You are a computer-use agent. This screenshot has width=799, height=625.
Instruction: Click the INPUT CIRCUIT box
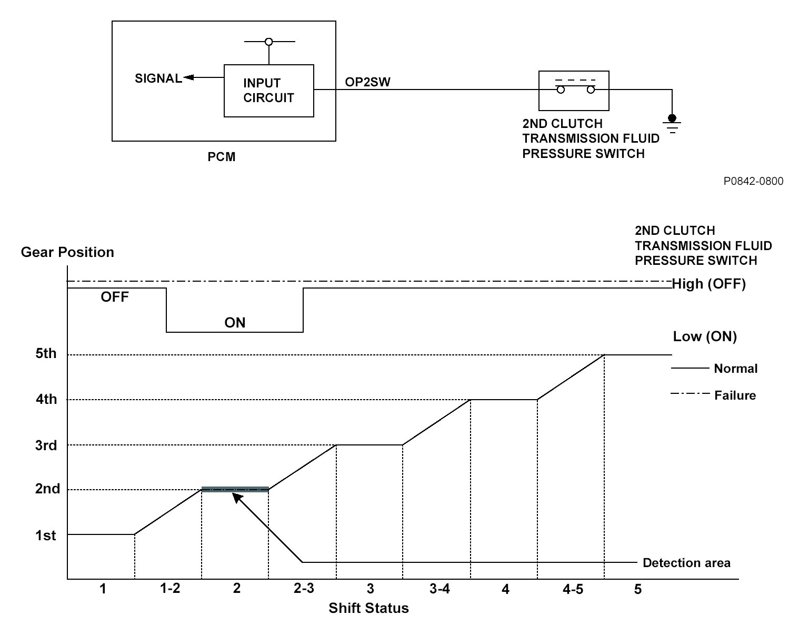click(268, 91)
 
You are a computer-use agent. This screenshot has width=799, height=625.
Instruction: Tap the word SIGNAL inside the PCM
click(158, 78)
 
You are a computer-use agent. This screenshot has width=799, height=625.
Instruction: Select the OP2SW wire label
click(367, 82)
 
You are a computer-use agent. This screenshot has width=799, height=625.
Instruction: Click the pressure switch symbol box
click(574, 91)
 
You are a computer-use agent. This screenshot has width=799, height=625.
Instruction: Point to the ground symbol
click(672, 123)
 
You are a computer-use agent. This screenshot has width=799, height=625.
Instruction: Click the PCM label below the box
click(221, 156)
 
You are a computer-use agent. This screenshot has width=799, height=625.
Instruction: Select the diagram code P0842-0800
click(753, 181)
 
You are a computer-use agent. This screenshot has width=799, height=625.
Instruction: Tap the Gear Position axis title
click(67, 252)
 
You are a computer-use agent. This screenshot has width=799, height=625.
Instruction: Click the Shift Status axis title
click(368, 608)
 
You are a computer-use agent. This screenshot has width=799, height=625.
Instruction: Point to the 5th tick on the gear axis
click(46, 353)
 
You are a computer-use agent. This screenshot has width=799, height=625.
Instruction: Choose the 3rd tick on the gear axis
click(46, 445)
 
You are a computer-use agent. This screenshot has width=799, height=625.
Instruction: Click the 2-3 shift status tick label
click(304, 589)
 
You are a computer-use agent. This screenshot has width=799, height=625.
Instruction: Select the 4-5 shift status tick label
click(572, 589)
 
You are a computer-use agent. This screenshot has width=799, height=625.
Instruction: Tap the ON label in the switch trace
click(235, 322)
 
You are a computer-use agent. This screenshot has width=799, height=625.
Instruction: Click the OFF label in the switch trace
click(115, 297)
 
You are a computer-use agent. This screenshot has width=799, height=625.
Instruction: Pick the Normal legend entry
click(735, 369)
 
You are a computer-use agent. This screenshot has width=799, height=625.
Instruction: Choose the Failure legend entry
click(735, 395)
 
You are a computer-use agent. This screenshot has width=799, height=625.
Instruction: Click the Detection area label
click(686, 563)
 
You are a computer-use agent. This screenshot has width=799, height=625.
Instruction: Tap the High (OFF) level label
click(709, 284)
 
